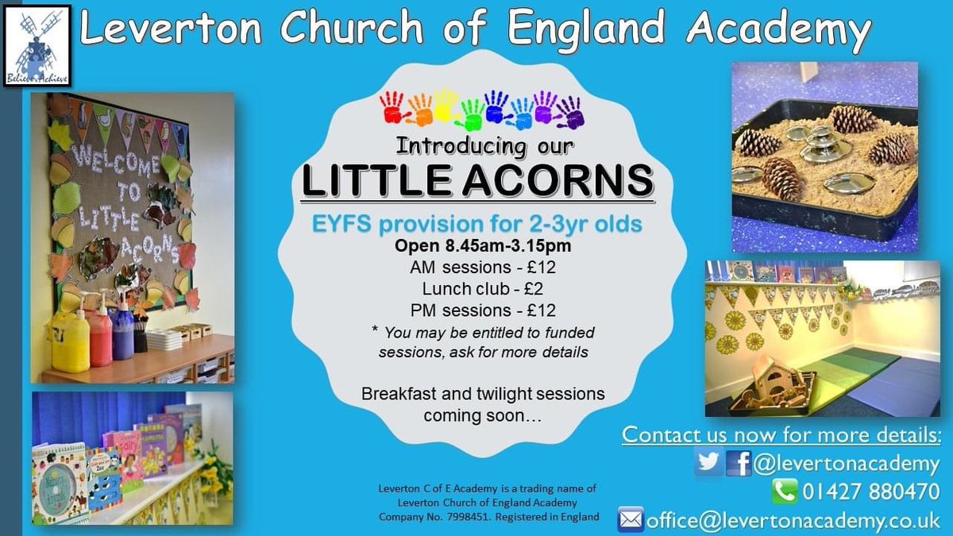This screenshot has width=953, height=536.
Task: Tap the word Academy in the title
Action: click(779, 31)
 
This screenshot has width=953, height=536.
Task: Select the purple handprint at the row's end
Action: click(569, 110)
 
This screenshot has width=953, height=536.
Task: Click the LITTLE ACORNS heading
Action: click(477, 182)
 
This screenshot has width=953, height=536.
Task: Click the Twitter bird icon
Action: click(708, 461)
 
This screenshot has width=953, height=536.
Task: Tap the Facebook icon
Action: click(739, 461)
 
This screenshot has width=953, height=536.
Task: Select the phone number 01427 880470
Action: click(870, 492)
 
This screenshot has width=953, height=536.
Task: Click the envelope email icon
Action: click(631, 520)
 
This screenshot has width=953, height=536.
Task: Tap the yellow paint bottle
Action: click(71, 338)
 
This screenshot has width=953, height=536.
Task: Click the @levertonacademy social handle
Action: click(847, 462)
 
